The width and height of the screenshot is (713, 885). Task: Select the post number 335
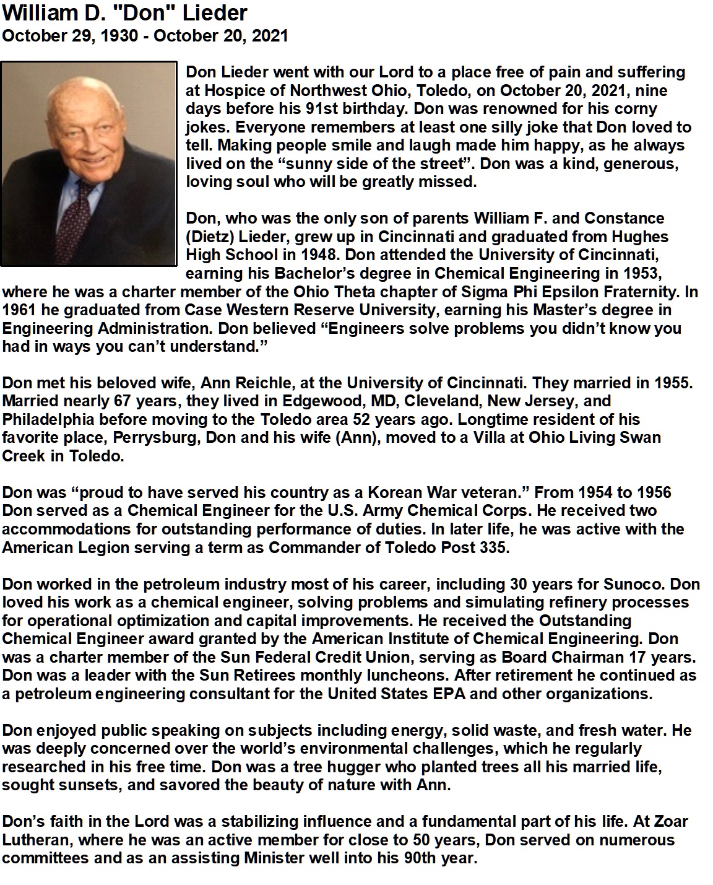495,548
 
